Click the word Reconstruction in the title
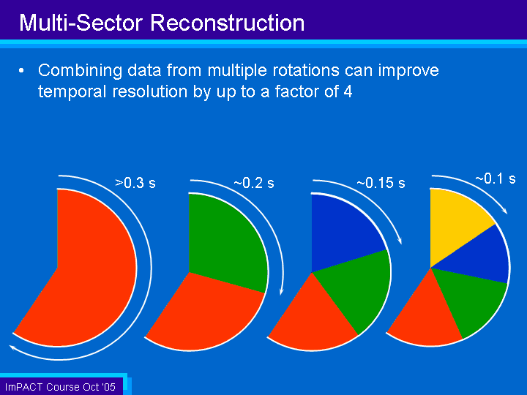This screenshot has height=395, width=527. point(227,23)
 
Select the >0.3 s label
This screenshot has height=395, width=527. point(135,183)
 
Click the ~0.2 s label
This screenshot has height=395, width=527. point(254,183)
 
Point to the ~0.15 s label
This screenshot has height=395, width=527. point(381,183)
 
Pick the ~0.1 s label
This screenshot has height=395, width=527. point(496,178)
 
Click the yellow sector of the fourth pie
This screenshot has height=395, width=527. point(457,222)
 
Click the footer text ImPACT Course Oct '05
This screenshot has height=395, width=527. point(60,387)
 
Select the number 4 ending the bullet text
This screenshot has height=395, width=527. point(348,91)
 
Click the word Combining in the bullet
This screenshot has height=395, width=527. point(80,71)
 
